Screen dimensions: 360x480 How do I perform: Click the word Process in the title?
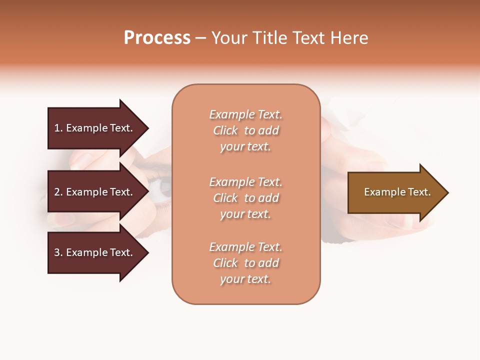click(157, 38)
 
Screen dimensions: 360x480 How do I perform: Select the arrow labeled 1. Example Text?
click(95, 128)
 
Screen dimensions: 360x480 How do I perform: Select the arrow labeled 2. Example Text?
click(95, 192)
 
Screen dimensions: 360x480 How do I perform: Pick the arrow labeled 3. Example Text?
click(95, 252)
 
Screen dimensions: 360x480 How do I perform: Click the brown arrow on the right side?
click(395, 192)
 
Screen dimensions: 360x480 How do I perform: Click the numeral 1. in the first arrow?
click(58, 128)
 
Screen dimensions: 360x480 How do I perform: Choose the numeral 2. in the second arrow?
click(58, 192)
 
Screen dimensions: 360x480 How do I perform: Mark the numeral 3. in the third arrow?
click(58, 252)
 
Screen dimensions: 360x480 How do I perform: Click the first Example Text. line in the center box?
click(246, 114)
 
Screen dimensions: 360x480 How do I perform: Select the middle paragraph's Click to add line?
click(246, 198)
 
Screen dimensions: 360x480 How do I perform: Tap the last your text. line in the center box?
click(246, 279)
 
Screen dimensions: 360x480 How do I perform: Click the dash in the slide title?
click(200, 38)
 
